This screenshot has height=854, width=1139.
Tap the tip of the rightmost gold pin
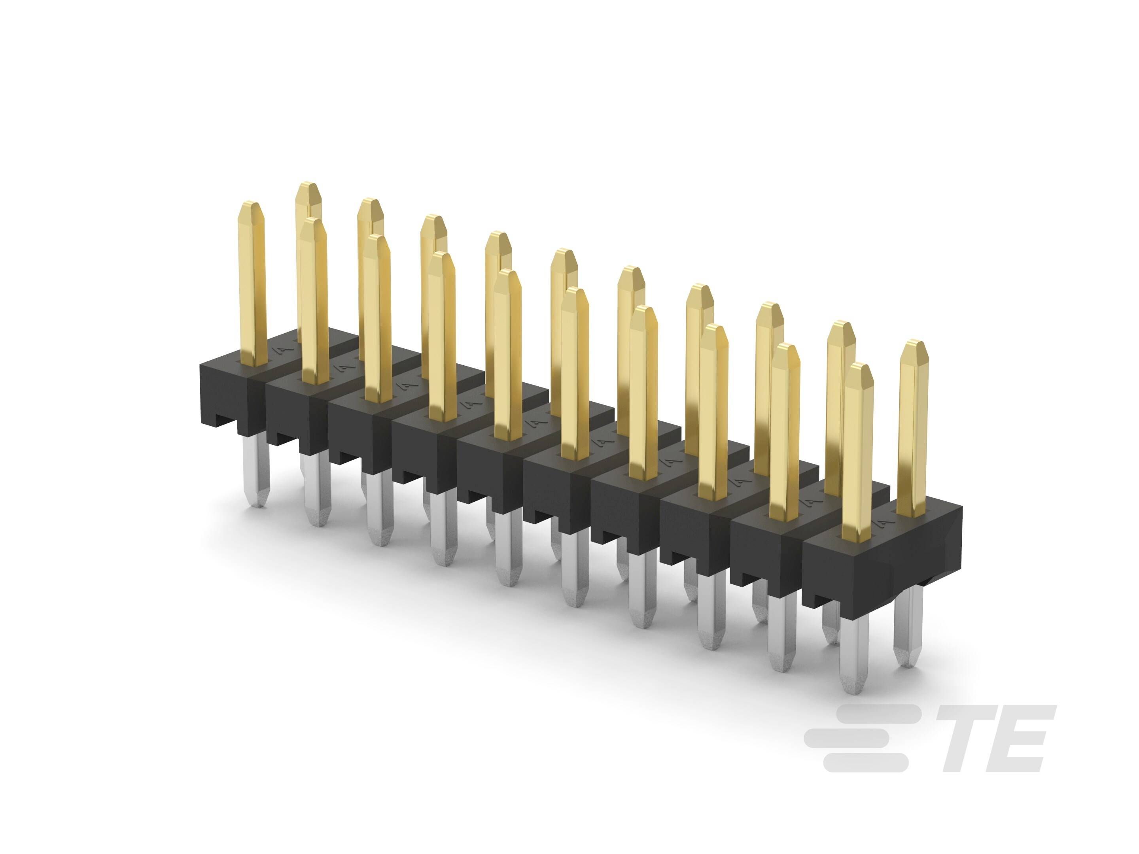[914, 341]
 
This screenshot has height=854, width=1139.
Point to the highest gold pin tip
[308, 183]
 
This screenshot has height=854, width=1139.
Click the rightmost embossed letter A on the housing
[884, 523]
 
